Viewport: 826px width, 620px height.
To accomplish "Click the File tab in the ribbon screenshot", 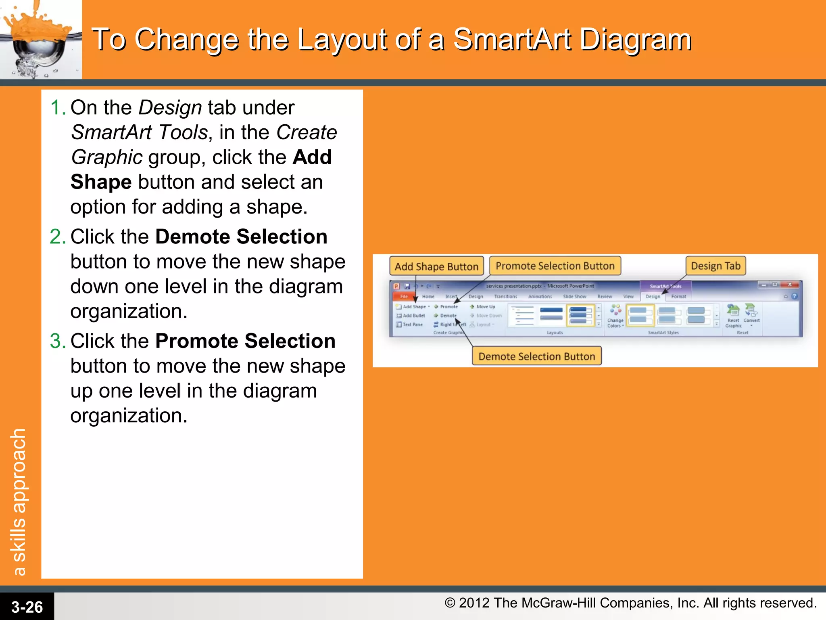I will [404, 297].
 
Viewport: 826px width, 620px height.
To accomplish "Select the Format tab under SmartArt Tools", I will [678, 297].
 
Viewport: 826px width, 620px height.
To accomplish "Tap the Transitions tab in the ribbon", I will [505, 297].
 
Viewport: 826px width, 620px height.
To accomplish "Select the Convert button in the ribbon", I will [751, 315].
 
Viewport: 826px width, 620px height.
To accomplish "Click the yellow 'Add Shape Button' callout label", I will [436, 266].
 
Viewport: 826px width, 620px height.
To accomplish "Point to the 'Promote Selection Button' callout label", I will [555, 266].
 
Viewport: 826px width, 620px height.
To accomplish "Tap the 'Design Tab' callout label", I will [715, 266].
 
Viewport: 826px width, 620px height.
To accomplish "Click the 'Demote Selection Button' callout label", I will [536, 356].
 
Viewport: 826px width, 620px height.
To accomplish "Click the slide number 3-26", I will [27, 607].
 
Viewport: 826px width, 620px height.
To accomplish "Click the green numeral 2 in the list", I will [57, 237].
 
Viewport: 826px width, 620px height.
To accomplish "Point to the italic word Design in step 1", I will [170, 108].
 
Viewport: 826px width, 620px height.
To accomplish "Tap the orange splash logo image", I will [40, 40].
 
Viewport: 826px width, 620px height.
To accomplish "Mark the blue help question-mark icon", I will [794, 296].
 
